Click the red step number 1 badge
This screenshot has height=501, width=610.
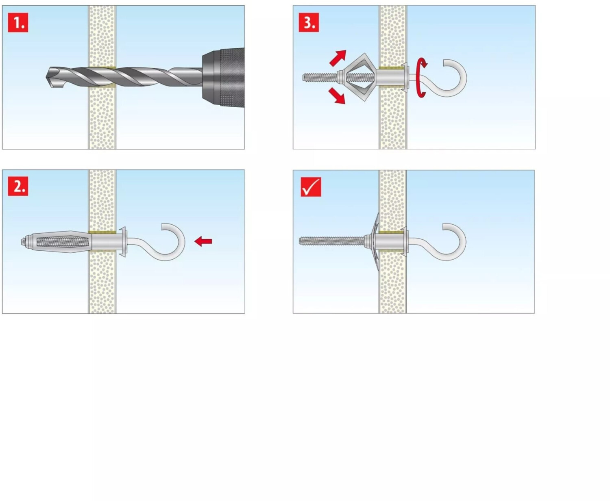pos(18,23)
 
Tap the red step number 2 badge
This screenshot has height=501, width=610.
pos(18,187)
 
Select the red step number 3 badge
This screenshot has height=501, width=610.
pos(309,23)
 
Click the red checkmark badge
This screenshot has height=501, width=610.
pos(311,187)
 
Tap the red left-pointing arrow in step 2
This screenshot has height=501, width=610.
pos(203,241)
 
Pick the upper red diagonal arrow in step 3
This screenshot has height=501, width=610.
pos(338,58)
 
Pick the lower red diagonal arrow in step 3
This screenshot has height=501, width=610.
pos(337,96)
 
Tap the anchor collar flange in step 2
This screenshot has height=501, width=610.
pos(123,241)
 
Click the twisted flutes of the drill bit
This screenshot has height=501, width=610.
pos(122,77)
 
